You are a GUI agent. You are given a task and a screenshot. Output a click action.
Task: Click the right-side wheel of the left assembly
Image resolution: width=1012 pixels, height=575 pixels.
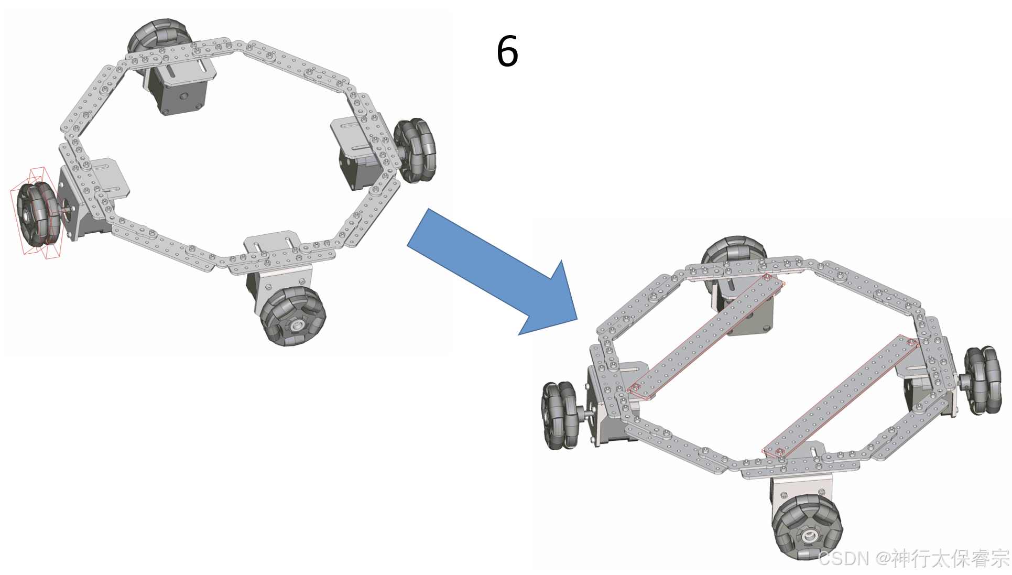(415, 150)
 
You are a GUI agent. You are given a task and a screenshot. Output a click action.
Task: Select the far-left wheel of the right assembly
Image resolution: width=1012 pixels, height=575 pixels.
(560, 415)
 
